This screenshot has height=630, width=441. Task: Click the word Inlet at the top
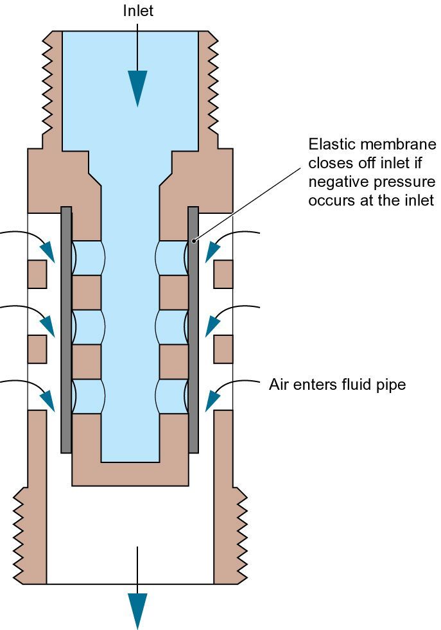(138, 11)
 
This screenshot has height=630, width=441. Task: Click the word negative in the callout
(340, 182)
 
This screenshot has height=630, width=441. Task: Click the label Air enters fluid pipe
(338, 385)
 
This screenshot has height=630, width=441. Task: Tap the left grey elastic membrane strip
(66, 330)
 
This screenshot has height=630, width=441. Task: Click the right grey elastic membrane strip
(193, 330)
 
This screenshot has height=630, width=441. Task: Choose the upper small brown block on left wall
(37, 274)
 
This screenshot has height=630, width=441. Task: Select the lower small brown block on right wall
(223, 349)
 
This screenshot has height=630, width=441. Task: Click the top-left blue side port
(88, 258)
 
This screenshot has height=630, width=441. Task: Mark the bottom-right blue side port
(172, 396)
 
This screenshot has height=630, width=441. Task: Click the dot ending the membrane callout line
(194, 241)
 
